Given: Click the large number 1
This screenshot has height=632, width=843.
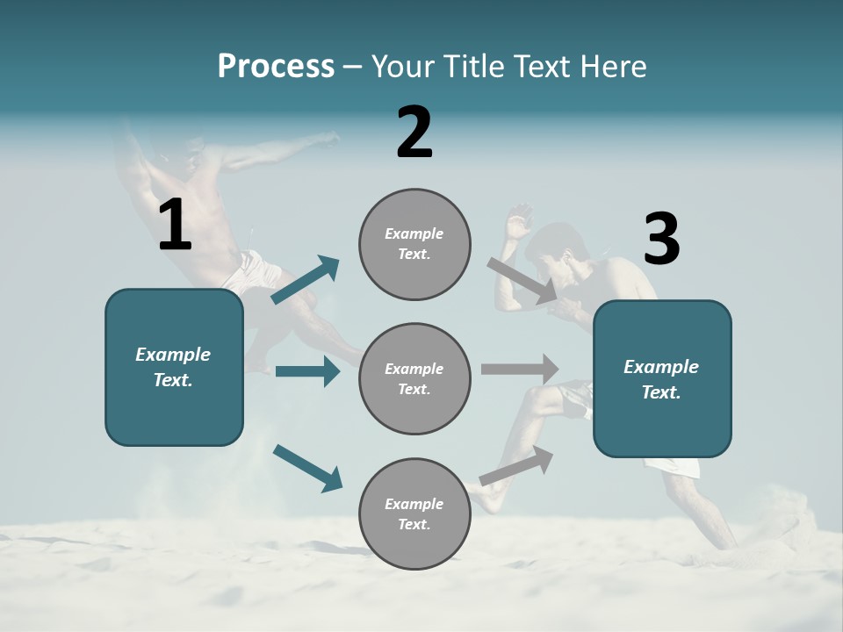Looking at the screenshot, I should coord(175,226).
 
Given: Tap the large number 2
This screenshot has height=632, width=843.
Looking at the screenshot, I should coord(414,133).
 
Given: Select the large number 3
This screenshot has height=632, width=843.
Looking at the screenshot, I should coord(661,240).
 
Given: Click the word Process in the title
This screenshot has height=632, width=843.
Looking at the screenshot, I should coord(276,66).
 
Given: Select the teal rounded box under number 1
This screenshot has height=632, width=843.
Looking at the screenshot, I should coord(174,367).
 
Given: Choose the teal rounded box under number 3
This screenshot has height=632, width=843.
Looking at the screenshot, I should coord(662,379).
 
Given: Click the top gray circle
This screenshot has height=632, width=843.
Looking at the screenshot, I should coord(414,244).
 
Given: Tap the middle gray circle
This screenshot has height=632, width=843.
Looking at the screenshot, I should coord(414,379).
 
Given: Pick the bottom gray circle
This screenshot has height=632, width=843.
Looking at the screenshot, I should coord(414,514).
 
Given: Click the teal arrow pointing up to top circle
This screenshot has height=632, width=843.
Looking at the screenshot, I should coord(306,280).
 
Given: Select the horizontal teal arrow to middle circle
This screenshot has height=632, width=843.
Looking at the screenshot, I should coord(307,371).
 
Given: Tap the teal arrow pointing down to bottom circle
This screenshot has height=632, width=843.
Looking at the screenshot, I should coord(307,468).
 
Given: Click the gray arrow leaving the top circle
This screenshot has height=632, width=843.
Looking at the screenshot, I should coord(522,280).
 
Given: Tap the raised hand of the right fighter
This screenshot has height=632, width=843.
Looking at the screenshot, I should coord(520,217).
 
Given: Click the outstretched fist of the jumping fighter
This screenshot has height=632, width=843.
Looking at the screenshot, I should coord(332,137).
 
